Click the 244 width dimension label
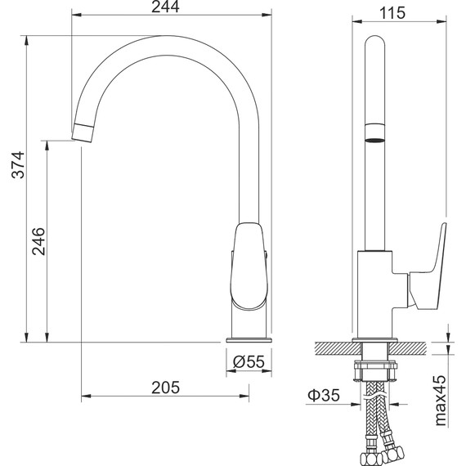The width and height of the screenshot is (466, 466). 173,8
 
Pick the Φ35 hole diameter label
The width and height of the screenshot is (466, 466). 325,397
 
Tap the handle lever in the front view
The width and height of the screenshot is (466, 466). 249,262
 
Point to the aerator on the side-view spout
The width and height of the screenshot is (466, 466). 374,134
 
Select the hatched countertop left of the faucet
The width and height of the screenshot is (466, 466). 334,347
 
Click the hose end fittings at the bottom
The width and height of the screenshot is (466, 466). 376,452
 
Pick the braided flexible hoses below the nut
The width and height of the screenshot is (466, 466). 375,417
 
